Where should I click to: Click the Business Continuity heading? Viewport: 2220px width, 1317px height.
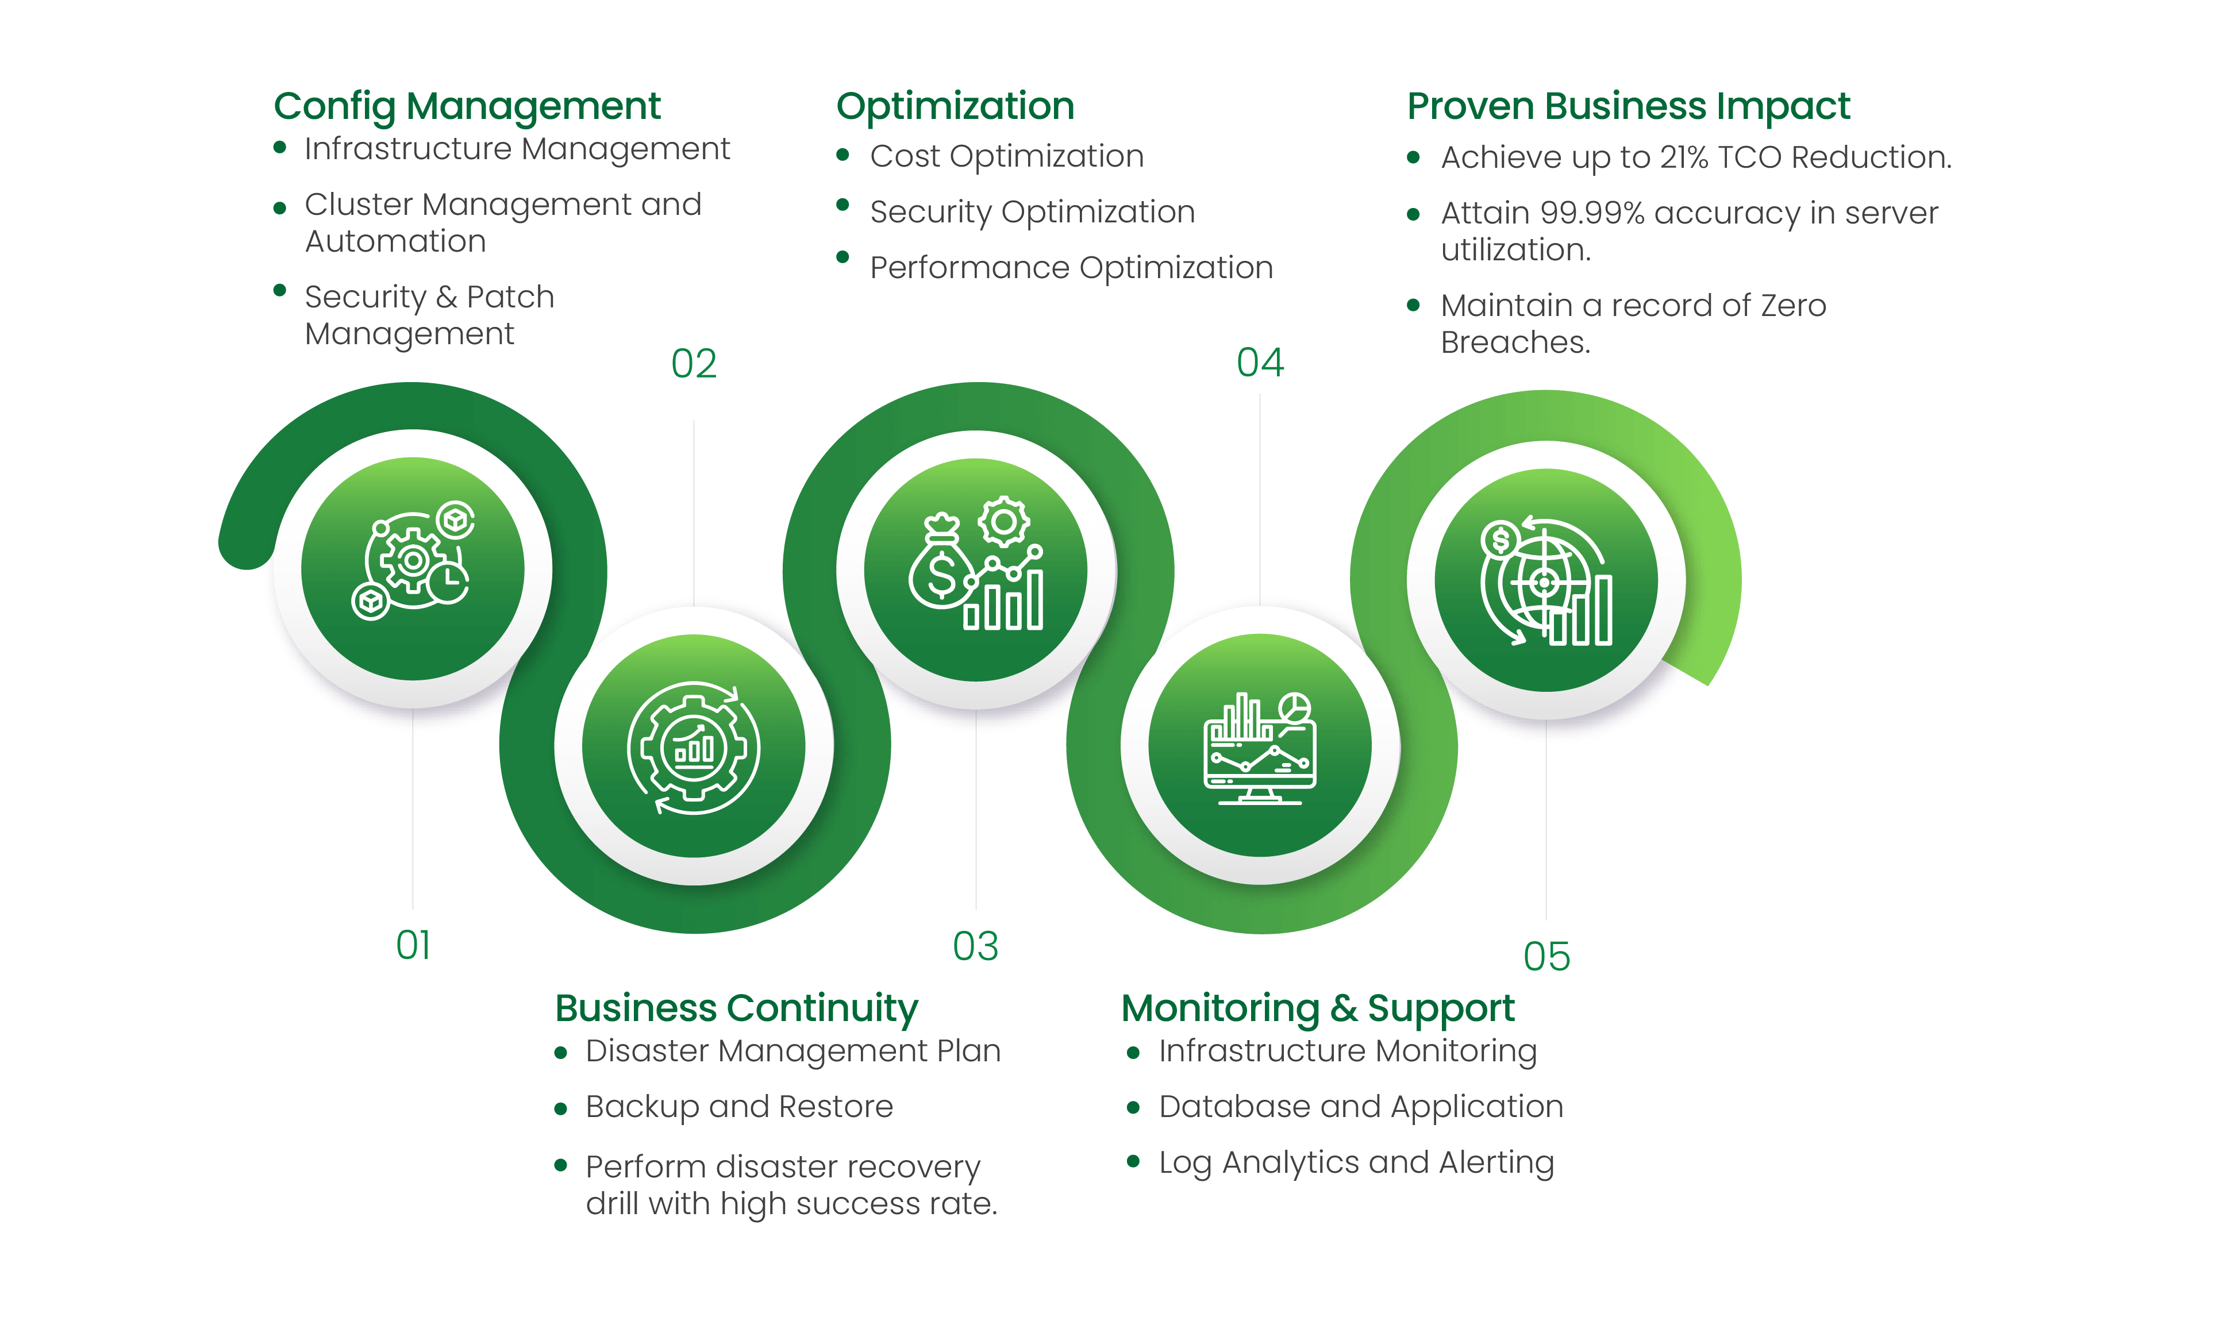click(736, 1008)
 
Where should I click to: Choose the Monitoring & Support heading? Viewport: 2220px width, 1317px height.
click(1318, 1008)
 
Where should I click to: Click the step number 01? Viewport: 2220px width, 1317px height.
click(413, 945)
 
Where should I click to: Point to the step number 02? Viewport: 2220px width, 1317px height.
click(694, 364)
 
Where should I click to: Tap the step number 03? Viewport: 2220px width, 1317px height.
click(975, 947)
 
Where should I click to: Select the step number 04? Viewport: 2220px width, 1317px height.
click(1260, 363)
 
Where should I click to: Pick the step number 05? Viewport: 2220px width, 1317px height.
click(1546, 957)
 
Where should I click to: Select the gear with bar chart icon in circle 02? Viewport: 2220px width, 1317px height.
click(694, 747)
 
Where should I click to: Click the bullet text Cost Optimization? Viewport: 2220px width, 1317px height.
click(1006, 156)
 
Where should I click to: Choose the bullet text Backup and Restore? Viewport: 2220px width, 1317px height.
click(739, 1107)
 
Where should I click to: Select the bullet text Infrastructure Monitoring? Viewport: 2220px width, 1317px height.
click(1347, 1051)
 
